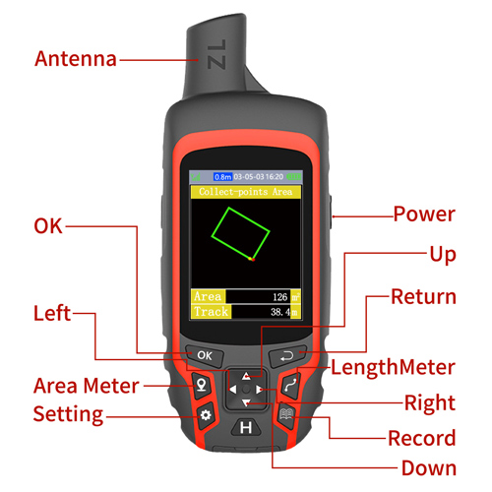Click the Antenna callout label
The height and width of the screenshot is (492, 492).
click(76, 59)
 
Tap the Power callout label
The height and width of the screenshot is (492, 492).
click(424, 214)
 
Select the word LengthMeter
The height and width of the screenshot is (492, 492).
click(392, 368)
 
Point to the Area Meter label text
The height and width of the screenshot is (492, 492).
click(87, 385)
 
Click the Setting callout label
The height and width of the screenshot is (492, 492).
click(69, 413)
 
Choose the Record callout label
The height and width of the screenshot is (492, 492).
click(421, 438)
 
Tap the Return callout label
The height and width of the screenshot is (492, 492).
click(423, 296)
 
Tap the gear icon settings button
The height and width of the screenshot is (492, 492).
click(206, 415)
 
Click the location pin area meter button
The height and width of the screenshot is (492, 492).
click(202, 385)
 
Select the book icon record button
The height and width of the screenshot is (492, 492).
click(286, 415)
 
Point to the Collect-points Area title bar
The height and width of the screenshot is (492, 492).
click(245, 192)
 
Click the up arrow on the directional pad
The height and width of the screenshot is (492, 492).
click(246, 377)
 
